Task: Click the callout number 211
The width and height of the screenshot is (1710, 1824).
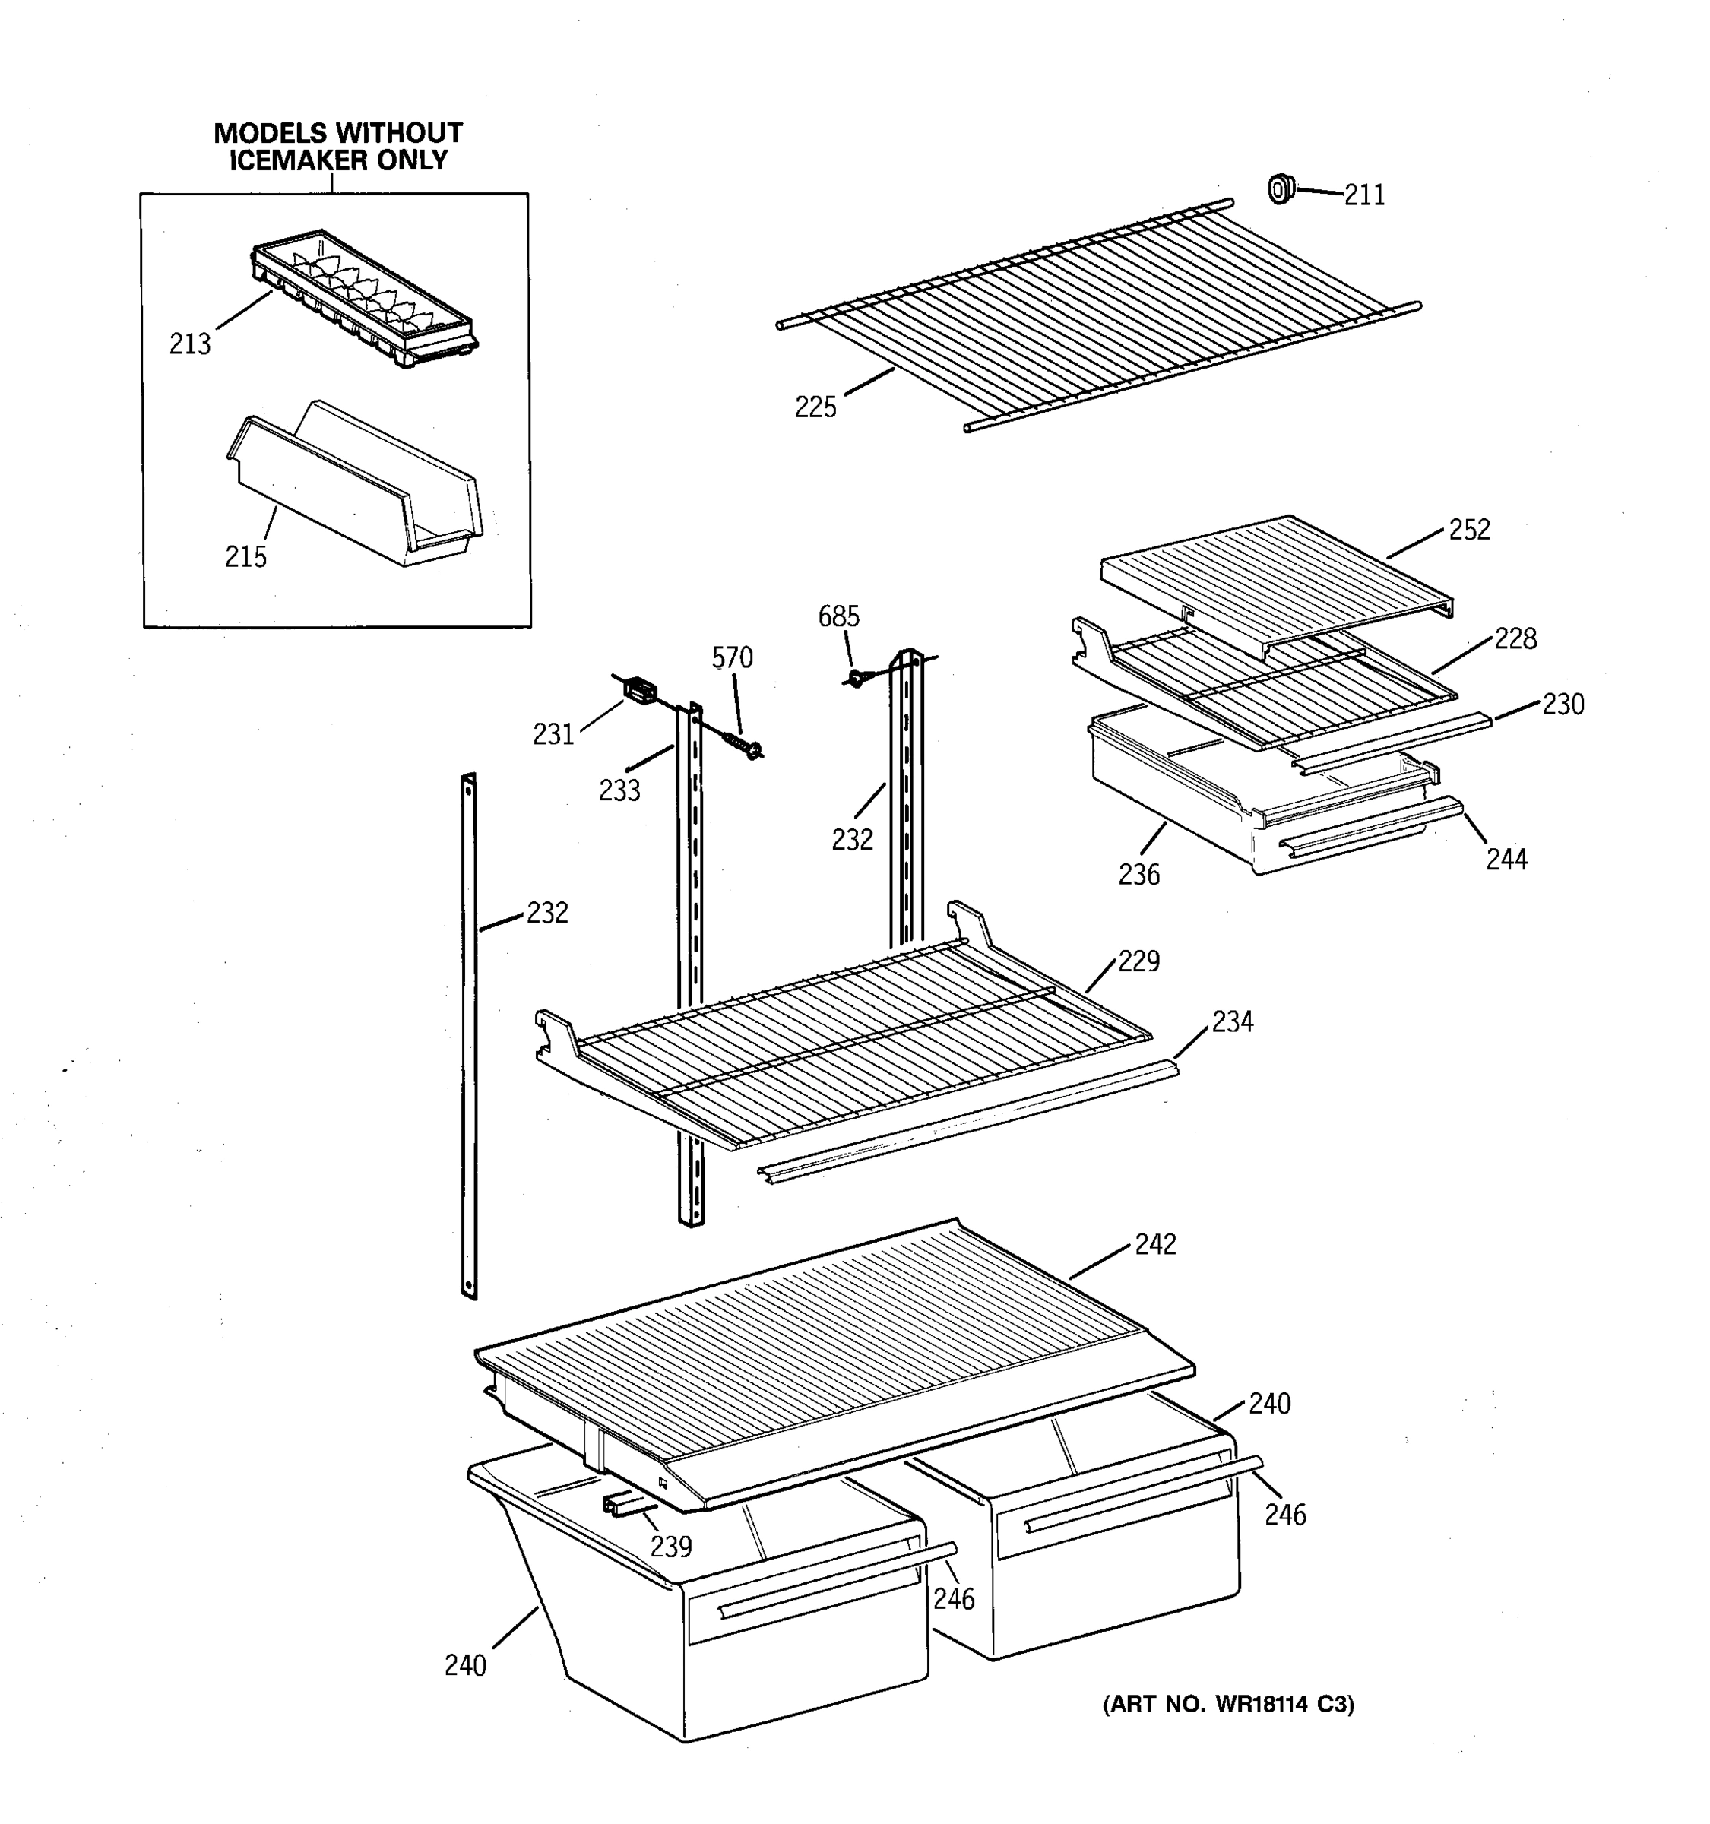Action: [1364, 195]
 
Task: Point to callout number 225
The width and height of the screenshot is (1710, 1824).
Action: [815, 407]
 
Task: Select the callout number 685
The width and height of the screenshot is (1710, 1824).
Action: [838, 616]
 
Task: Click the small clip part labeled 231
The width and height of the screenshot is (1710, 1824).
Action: [638, 690]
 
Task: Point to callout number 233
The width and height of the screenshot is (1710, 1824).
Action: [619, 790]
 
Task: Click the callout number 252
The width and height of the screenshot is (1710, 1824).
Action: [1469, 530]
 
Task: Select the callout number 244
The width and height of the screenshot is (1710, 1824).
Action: [1506, 859]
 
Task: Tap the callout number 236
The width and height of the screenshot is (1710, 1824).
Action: [1138, 875]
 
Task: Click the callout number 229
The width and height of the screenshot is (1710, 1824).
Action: [1138, 961]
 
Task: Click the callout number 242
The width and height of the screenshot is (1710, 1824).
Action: [1155, 1244]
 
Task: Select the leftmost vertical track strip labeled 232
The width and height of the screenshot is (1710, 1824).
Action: [470, 1037]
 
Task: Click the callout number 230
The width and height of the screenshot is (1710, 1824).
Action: [1563, 704]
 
